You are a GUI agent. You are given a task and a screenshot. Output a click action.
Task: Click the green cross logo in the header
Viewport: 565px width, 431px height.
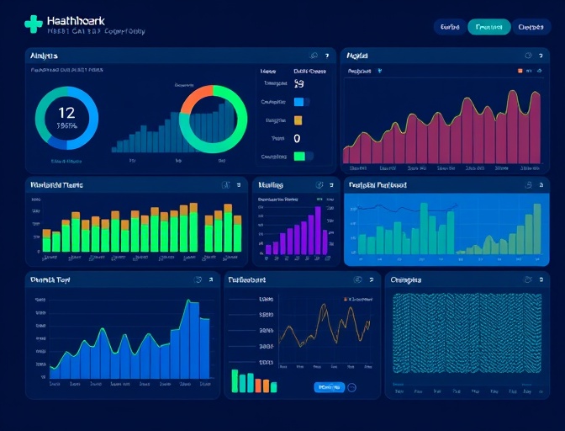pyautogui.click(x=33, y=24)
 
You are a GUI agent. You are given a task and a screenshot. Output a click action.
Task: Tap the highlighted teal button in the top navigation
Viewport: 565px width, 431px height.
pyautogui.click(x=488, y=27)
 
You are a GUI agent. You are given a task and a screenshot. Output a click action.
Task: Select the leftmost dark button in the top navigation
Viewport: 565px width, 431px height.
pyautogui.click(x=450, y=27)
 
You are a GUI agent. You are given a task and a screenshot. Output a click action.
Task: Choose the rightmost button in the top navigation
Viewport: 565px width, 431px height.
pyautogui.click(x=531, y=27)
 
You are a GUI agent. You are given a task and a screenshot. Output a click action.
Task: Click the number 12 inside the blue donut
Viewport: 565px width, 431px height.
pyautogui.click(x=66, y=112)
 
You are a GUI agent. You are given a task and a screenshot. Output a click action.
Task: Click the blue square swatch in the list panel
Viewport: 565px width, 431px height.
pyautogui.click(x=298, y=102)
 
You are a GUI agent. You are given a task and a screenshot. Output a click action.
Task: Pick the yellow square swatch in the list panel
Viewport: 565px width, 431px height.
pyautogui.click(x=298, y=120)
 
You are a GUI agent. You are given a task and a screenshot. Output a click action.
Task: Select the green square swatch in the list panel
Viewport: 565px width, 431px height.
pyautogui.click(x=298, y=156)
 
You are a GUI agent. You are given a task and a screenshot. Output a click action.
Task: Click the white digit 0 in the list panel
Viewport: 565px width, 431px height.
pyautogui.click(x=298, y=138)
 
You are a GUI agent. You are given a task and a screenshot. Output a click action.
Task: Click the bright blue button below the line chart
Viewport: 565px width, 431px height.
pyautogui.click(x=329, y=387)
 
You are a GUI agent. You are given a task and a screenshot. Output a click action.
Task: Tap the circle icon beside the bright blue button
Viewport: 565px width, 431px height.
pyautogui.click(x=352, y=387)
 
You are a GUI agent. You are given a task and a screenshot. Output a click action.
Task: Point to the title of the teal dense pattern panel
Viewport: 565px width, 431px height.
pyautogui.click(x=407, y=279)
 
